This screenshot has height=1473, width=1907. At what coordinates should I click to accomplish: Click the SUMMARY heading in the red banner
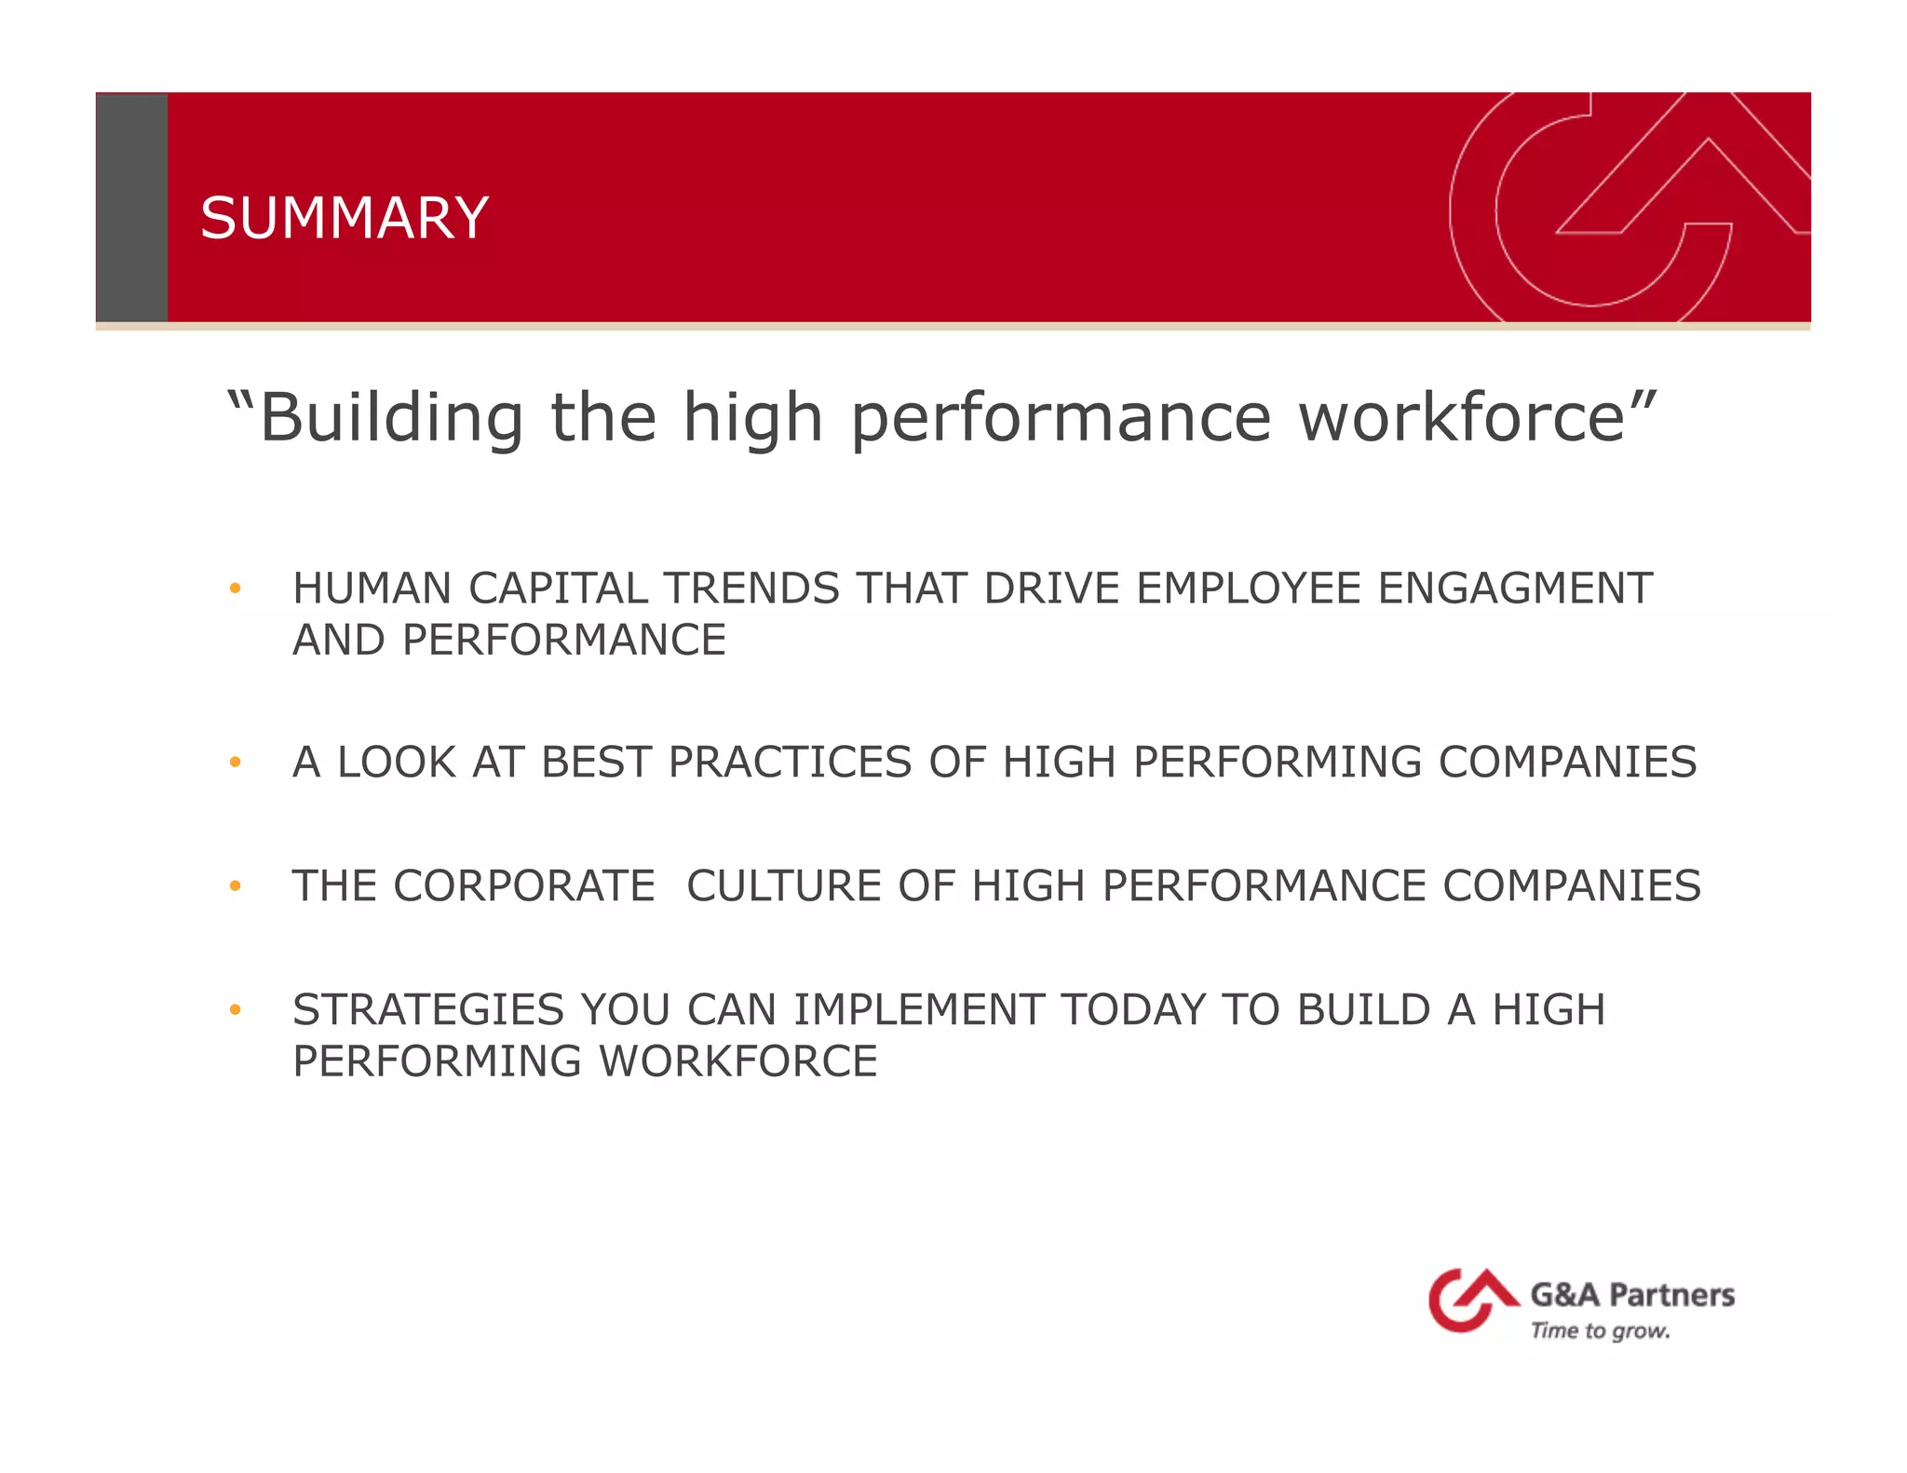coord(344,218)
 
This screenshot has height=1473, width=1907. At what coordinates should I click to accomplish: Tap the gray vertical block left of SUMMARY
coord(131,207)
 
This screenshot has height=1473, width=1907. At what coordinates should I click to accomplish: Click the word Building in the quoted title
coord(391,417)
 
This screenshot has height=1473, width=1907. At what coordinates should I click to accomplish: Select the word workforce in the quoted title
coord(1462,417)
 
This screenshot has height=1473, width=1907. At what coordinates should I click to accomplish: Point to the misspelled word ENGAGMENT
coord(1515,588)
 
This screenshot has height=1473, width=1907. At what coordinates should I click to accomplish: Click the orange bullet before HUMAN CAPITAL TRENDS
coord(236,588)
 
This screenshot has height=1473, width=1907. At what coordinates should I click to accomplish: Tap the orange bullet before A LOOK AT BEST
coord(236,763)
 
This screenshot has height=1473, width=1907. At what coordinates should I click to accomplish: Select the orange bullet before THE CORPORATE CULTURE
coord(236,886)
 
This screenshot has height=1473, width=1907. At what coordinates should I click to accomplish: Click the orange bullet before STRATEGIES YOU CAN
coord(236,1010)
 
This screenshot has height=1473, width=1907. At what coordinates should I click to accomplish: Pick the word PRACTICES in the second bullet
coord(790,763)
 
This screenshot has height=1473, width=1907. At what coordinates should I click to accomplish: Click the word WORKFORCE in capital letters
coord(737,1061)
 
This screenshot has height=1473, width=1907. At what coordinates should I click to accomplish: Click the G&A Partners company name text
coord(1631,1295)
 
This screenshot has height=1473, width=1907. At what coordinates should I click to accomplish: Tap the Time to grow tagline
coord(1600,1331)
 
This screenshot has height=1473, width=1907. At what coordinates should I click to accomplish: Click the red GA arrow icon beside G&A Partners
coord(1469,1299)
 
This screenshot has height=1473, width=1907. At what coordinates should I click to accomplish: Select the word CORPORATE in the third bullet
coord(524,886)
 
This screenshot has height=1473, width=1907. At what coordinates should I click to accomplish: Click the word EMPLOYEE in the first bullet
coord(1249,588)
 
